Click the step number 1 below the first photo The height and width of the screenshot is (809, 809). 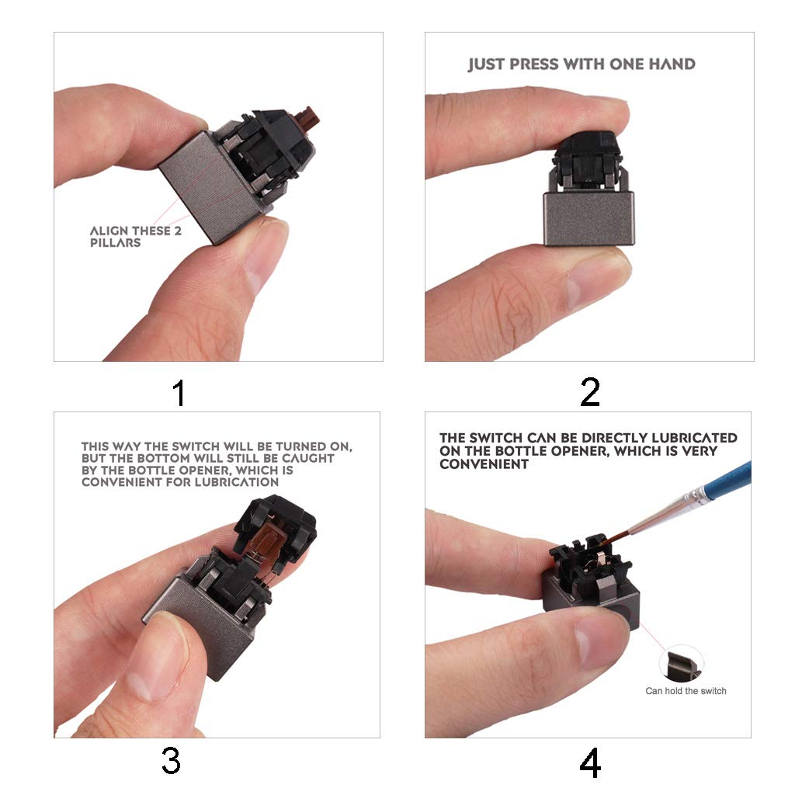[179, 393]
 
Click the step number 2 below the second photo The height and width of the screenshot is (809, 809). [590, 393]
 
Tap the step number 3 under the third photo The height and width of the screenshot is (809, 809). [171, 761]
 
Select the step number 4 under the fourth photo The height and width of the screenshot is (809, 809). [590, 764]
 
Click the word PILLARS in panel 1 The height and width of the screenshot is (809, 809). [114, 243]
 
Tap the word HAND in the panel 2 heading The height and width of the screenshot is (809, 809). [672, 64]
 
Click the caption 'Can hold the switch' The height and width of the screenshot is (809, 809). [686, 690]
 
